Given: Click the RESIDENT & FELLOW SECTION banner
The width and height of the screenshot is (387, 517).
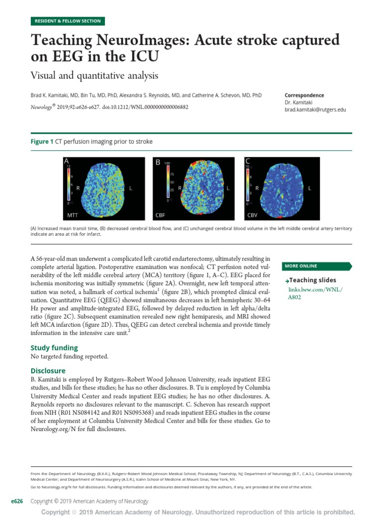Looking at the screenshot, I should point(68,21).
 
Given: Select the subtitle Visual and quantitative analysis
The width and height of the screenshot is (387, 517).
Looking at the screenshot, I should point(95,76).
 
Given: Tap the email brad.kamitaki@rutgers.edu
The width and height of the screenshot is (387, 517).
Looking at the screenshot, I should point(315,109).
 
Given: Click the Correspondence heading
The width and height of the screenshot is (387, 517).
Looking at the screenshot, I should point(304,95).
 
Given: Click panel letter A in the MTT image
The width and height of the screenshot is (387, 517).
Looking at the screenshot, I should point(66,161).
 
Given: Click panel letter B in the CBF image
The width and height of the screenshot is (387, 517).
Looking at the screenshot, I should point(158,162).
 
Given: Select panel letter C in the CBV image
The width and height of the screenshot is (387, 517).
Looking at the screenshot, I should point(247,161).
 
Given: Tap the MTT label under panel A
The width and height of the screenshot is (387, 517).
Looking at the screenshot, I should point(73,215).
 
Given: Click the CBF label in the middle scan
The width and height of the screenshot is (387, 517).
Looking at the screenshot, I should point(160,215).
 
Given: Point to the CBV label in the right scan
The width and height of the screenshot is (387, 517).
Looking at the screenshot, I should point(252,215).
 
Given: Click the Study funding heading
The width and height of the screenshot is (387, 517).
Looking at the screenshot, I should point(54,347).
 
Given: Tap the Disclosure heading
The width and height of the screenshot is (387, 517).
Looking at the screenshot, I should point(48,371).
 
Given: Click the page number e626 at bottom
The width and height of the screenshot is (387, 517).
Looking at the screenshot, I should point(18,501).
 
